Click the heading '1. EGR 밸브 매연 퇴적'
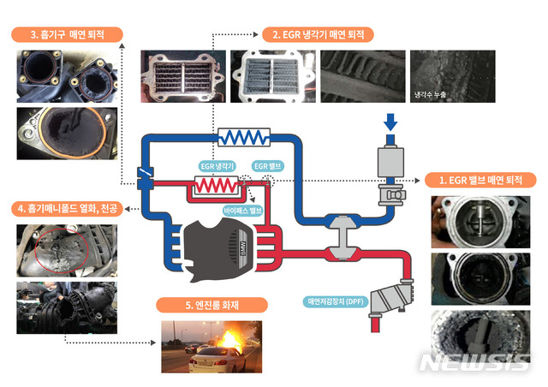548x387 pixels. point(481,180)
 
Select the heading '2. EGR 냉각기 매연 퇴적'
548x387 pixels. point(318,35)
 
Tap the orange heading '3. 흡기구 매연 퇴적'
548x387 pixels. point(67,35)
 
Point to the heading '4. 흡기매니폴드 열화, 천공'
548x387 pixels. point(66,207)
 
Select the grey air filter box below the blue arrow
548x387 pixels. point(390,161)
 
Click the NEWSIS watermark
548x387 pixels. point(474,362)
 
